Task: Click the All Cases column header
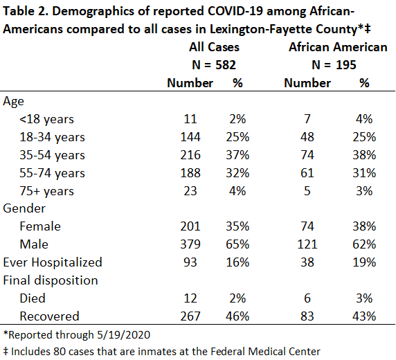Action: [x=214, y=47]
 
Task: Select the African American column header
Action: [x=338, y=47]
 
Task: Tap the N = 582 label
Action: [x=214, y=65]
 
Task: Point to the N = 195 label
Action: [x=334, y=65]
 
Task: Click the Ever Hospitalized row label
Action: [x=53, y=262]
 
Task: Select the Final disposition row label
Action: [x=51, y=280]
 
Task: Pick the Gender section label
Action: [x=24, y=208]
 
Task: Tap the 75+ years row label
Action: [x=46, y=191]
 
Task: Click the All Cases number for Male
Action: [x=190, y=244]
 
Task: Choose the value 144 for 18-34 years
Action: [x=190, y=137]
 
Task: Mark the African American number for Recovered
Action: [x=307, y=316]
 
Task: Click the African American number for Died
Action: [x=307, y=298]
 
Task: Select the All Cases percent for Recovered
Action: [x=237, y=316]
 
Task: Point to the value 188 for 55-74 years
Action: [x=190, y=173]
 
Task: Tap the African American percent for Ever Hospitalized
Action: [x=364, y=262]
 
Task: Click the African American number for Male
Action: [x=307, y=244]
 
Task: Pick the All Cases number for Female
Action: [x=190, y=226]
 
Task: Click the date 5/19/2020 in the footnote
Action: [x=123, y=335]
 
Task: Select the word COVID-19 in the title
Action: [x=235, y=11]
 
